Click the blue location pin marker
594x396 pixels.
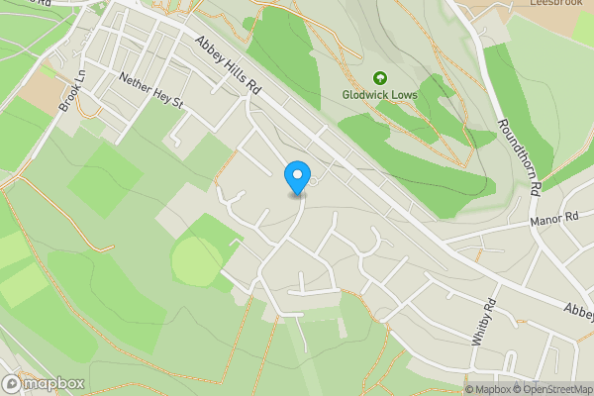point(296,178)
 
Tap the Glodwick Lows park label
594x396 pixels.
point(379,95)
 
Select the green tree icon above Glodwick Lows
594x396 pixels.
point(379,78)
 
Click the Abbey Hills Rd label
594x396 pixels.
point(227,66)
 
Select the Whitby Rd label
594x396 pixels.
point(489,321)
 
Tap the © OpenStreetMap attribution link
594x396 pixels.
point(550,389)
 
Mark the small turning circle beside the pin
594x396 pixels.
point(314,180)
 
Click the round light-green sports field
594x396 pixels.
point(197,260)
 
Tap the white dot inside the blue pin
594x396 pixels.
point(296,174)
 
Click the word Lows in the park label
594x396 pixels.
point(404,95)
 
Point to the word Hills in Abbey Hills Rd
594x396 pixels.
point(228,67)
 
